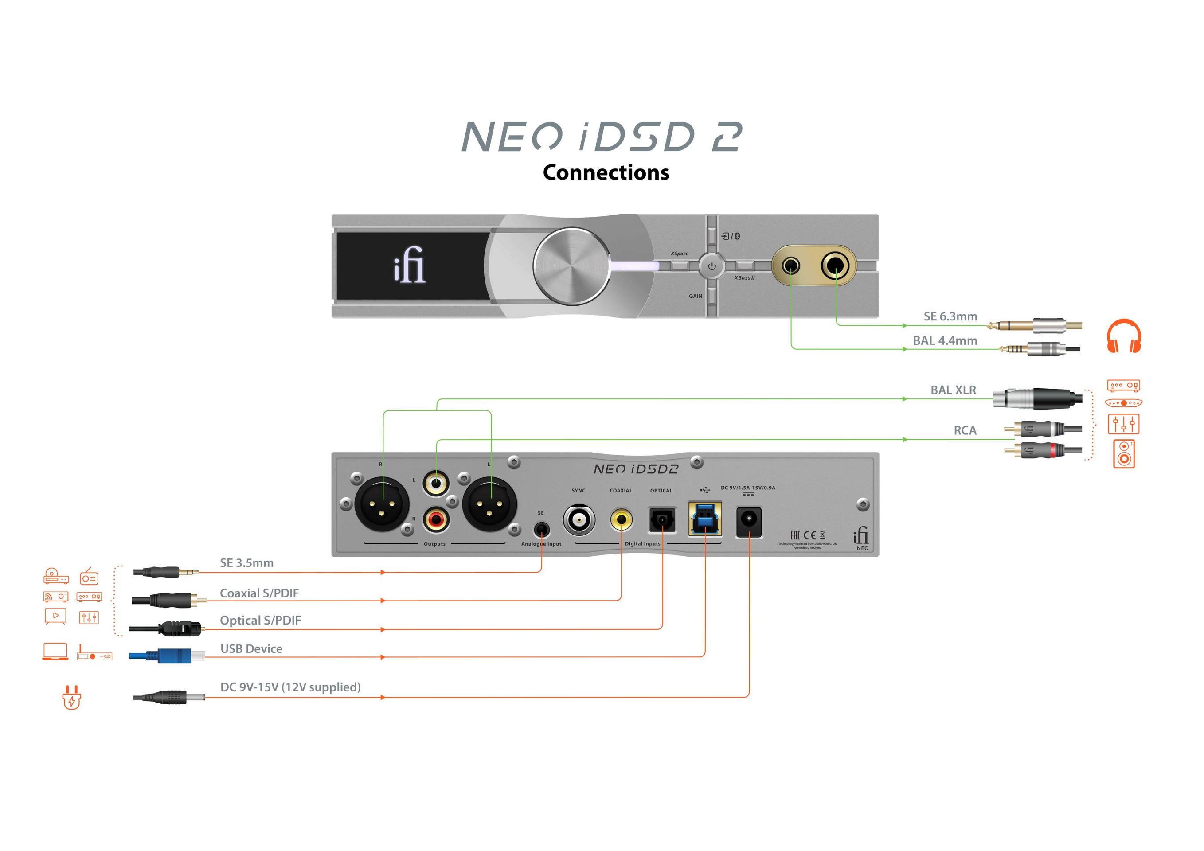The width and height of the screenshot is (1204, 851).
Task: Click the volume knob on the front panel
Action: (571, 266)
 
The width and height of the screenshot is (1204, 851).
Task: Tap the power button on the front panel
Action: (711, 266)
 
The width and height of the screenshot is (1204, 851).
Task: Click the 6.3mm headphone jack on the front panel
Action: (835, 265)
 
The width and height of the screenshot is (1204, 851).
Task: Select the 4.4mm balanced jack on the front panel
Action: (791, 266)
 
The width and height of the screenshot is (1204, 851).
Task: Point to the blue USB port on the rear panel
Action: (705, 519)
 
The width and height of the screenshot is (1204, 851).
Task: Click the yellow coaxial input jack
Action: (622, 519)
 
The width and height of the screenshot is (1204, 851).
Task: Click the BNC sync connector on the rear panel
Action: (579, 519)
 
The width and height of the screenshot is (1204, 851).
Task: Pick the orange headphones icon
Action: (1123, 336)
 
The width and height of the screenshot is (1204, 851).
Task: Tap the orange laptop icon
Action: (55, 651)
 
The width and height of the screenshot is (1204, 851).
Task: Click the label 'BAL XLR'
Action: (953, 390)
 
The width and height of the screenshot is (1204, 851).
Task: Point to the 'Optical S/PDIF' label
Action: (260, 620)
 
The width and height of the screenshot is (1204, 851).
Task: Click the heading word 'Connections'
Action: (606, 172)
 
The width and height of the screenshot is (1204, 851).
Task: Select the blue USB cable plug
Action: (168, 656)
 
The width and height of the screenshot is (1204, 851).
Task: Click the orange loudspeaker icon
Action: (1123, 453)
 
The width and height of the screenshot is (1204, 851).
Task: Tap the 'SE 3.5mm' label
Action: (246, 562)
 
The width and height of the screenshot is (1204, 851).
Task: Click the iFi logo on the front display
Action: (410, 265)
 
